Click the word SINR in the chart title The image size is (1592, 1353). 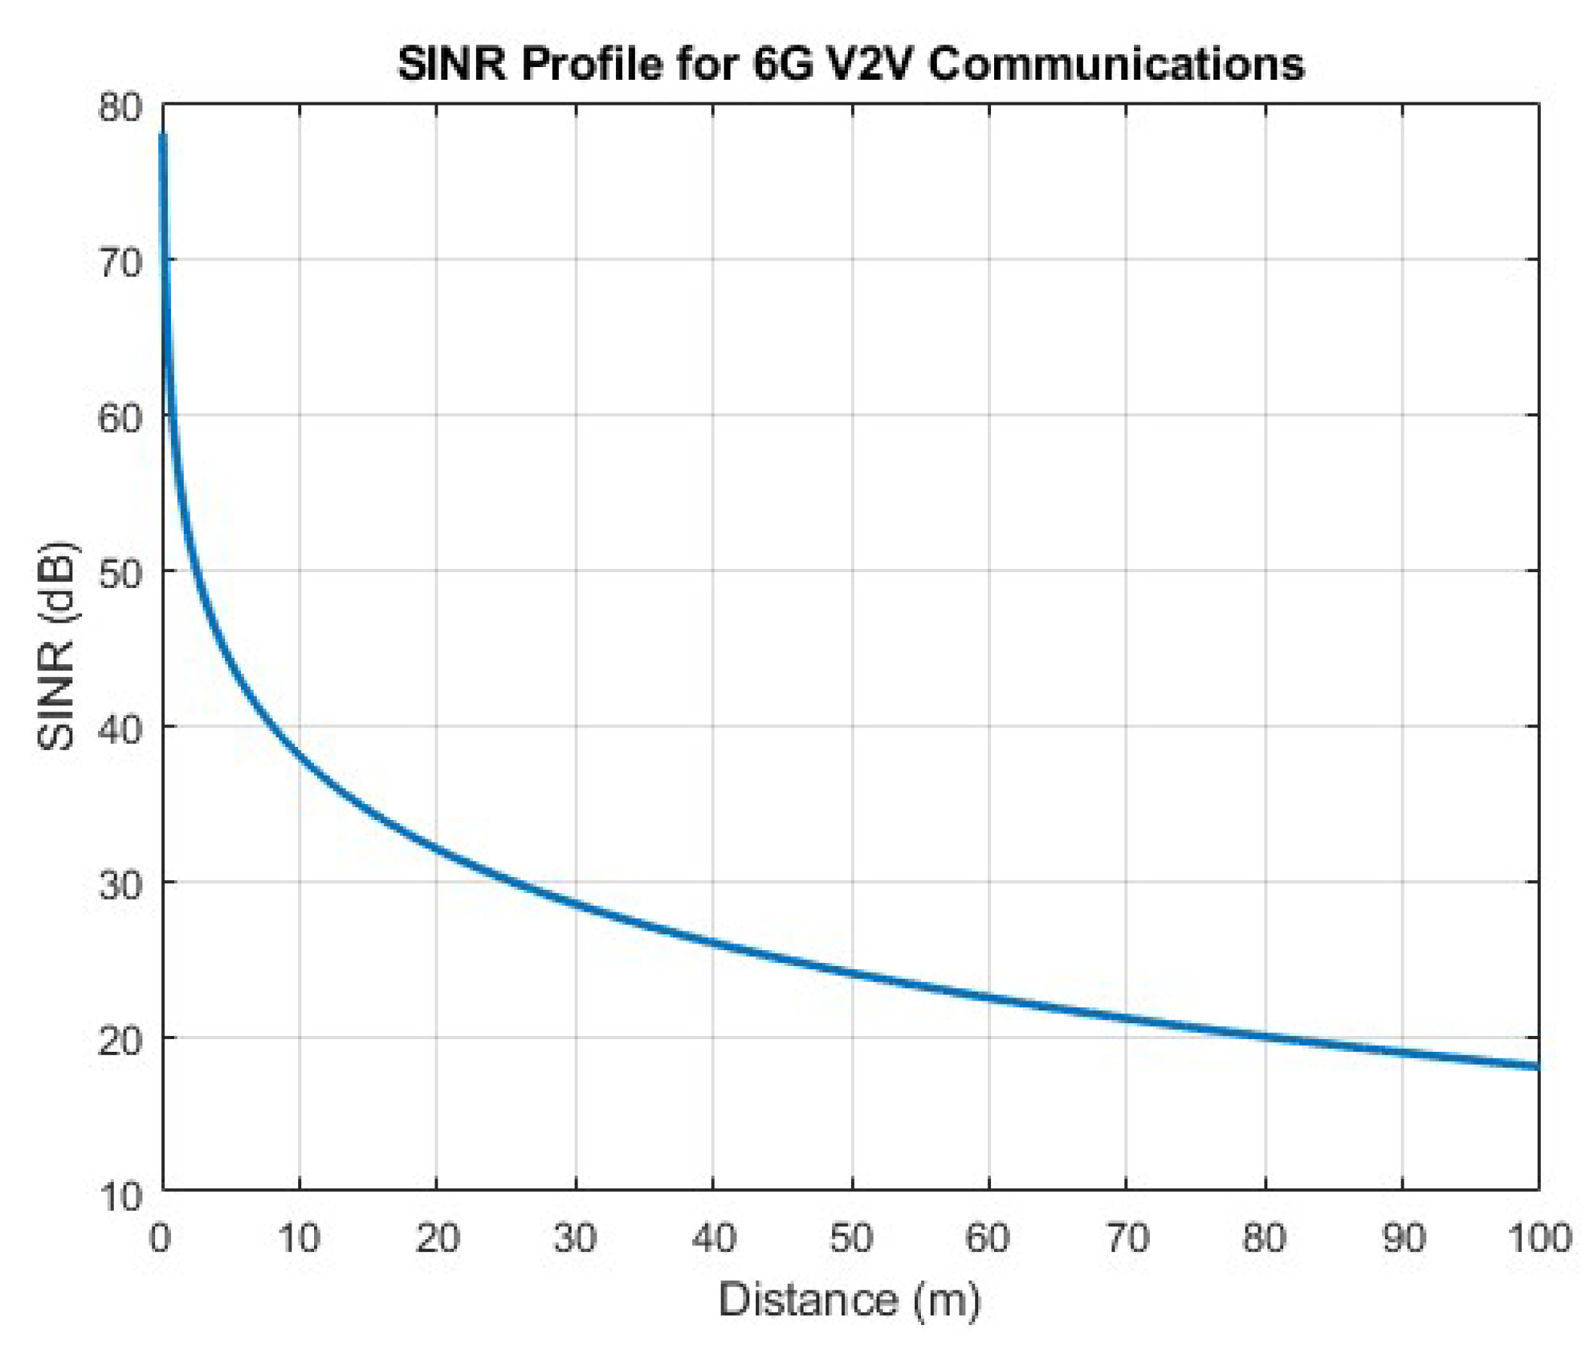pyautogui.click(x=452, y=64)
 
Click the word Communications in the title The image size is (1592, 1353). pyautogui.click(x=1115, y=64)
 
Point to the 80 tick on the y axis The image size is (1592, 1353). pyautogui.click(x=120, y=108)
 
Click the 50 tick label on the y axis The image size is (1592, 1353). pyautogui.click(x=120, y=574)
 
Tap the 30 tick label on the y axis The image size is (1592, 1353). pyautogui.click(x=120, y=886)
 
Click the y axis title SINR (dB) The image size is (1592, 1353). pyautogui.click(x=57, y=646)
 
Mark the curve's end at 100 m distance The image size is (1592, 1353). pyautogui.click(x=1537, y=1065)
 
